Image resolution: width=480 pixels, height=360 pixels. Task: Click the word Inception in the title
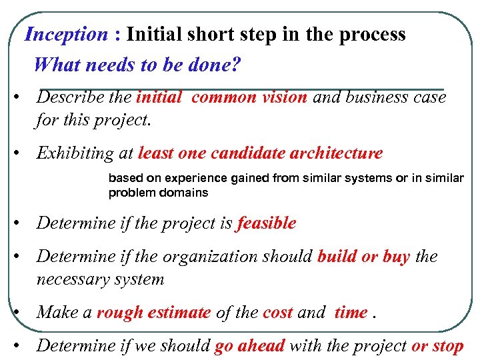tap(65, 35)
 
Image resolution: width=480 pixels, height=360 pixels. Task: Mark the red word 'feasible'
tap(266, 223)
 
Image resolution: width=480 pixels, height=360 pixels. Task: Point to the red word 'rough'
tap(118, 312)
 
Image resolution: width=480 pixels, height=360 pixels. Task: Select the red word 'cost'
tap(277, 312)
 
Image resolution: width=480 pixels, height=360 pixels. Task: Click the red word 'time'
tap(351, 312)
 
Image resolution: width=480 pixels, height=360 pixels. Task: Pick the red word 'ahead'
tap(259, 345)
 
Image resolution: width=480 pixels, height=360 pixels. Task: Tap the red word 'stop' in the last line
tap(447, 346)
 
